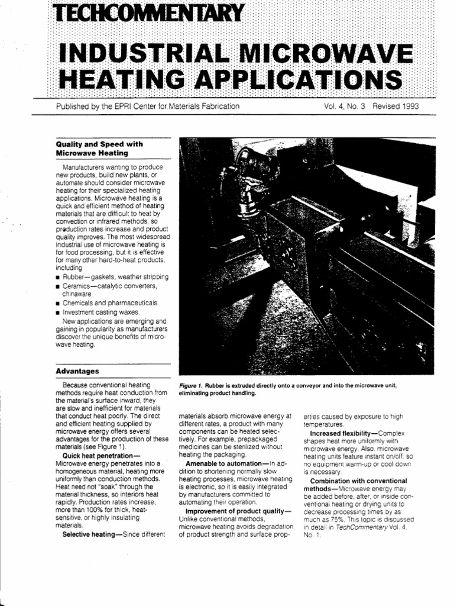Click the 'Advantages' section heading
(77, 372)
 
